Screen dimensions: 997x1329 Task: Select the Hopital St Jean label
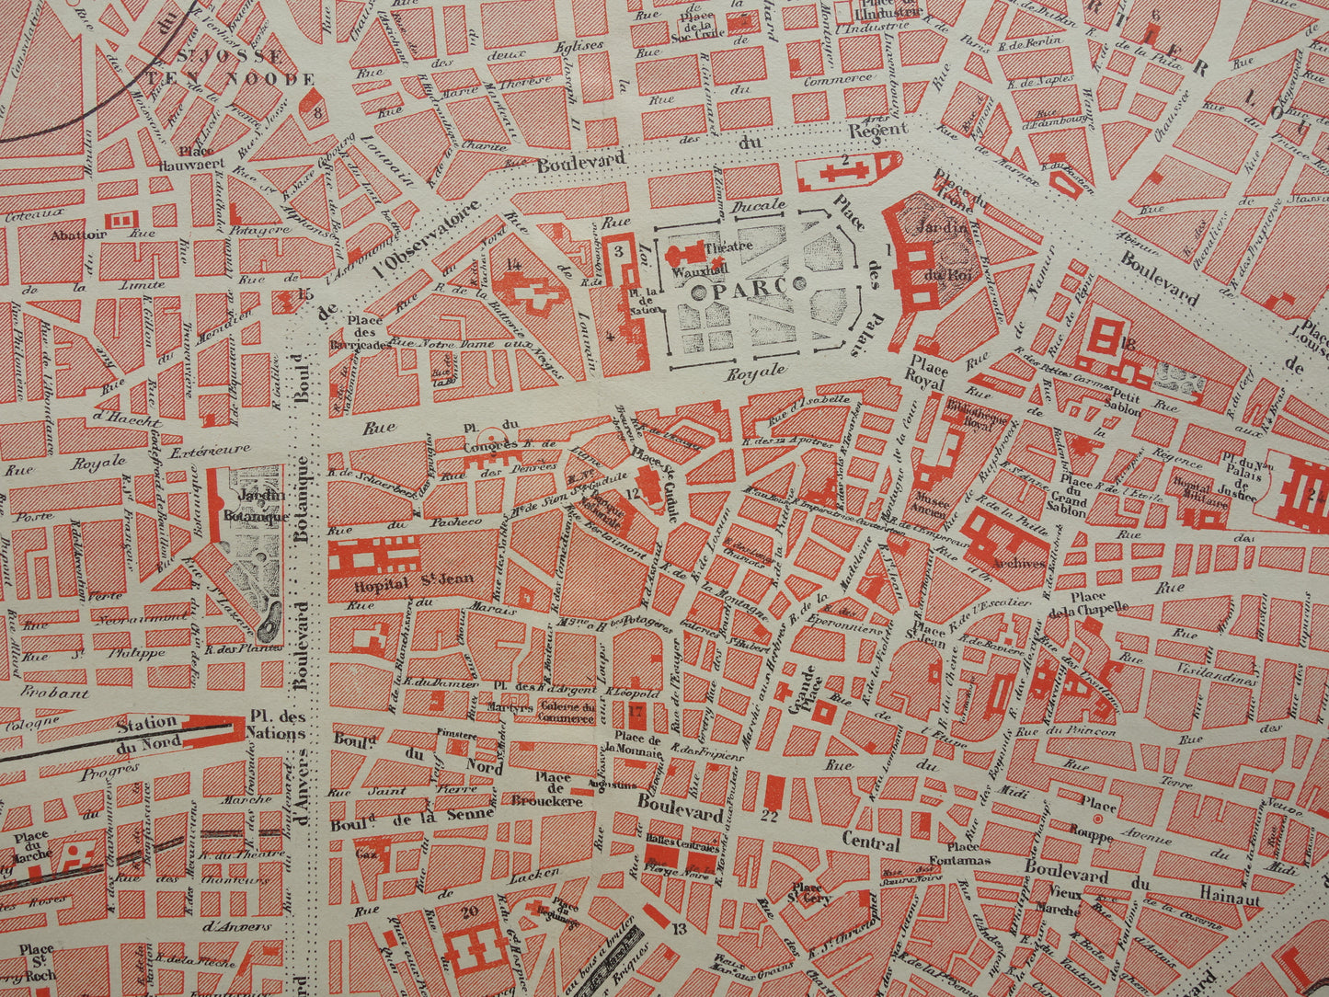click(x=387, y=583)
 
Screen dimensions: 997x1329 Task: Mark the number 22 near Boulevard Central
click(x=770, y=814)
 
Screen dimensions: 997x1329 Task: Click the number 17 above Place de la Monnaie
click(x=634, y=710)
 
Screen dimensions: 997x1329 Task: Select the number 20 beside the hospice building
click(x=471, y=911)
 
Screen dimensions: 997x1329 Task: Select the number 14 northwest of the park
click(x=513, y=265)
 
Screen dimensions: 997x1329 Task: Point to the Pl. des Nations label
click(x=277, y=727)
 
